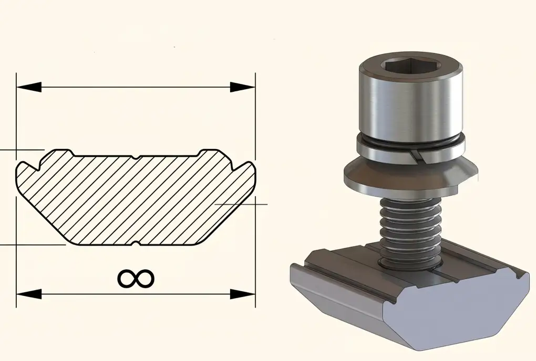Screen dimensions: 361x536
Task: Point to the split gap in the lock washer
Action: click(415, 153)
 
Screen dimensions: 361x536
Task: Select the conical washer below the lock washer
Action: click(410, 176)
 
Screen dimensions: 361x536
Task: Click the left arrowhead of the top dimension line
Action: click(28, 87)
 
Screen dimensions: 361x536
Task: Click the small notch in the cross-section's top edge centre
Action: click(136, 157)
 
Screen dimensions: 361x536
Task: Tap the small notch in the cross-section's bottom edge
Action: click(136, 243)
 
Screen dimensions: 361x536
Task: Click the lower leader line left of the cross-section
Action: click(32, 245)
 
